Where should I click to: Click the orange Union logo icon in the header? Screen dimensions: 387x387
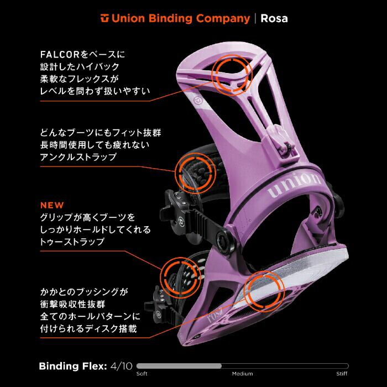click(104, 19)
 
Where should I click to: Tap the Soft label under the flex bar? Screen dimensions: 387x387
click(142, 374)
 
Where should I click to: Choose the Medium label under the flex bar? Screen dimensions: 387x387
click(242, 374)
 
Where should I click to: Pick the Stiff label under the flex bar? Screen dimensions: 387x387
click(342, 374)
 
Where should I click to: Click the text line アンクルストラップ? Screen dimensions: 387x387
click(79, 157)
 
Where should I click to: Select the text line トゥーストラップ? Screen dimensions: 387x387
click(73, 242)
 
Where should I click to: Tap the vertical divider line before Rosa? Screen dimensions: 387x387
click(255, 18)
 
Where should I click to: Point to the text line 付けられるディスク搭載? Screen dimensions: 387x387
click(88, 328)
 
